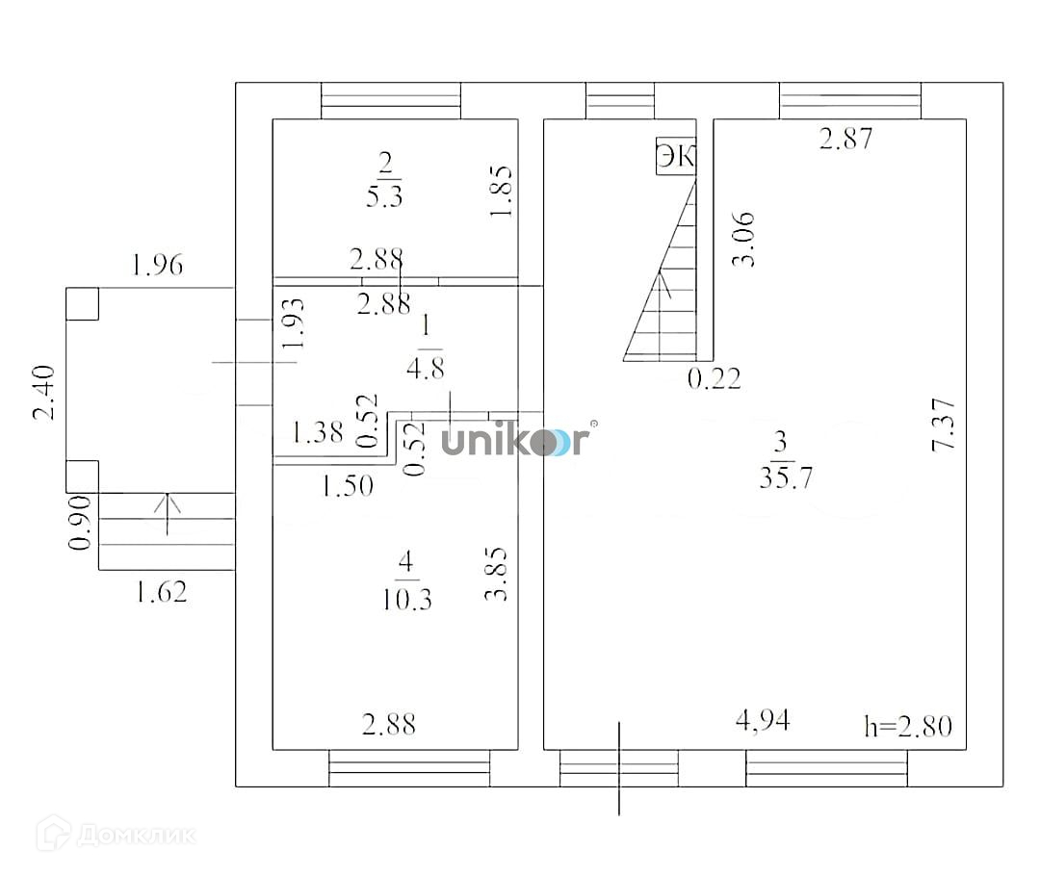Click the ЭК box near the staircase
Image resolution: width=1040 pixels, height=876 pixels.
(x=676, y=157)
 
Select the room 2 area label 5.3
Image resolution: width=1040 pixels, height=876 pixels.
(x=385, y=197)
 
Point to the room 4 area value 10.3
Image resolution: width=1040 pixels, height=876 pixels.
(x=405, y=599)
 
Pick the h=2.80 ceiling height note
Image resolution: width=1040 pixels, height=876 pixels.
(x=907, y=725)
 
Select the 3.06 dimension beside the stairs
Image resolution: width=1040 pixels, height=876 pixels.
(x=744, y=240)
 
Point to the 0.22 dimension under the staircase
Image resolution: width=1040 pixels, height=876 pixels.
(x=714, y=378)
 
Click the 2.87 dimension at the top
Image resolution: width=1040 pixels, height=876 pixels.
(x=845, y=139)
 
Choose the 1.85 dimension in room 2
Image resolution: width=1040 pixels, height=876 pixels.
(x=502, y=192)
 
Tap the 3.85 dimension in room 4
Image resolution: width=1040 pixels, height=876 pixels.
(x=497, y=575)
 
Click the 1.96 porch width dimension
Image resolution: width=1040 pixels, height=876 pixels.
(x=157, y=264)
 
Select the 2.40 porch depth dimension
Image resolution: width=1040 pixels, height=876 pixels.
(x=44, y=393)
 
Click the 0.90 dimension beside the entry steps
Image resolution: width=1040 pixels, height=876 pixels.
(x=81, y=524)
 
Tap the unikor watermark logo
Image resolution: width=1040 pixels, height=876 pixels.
(x=516, y=442)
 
